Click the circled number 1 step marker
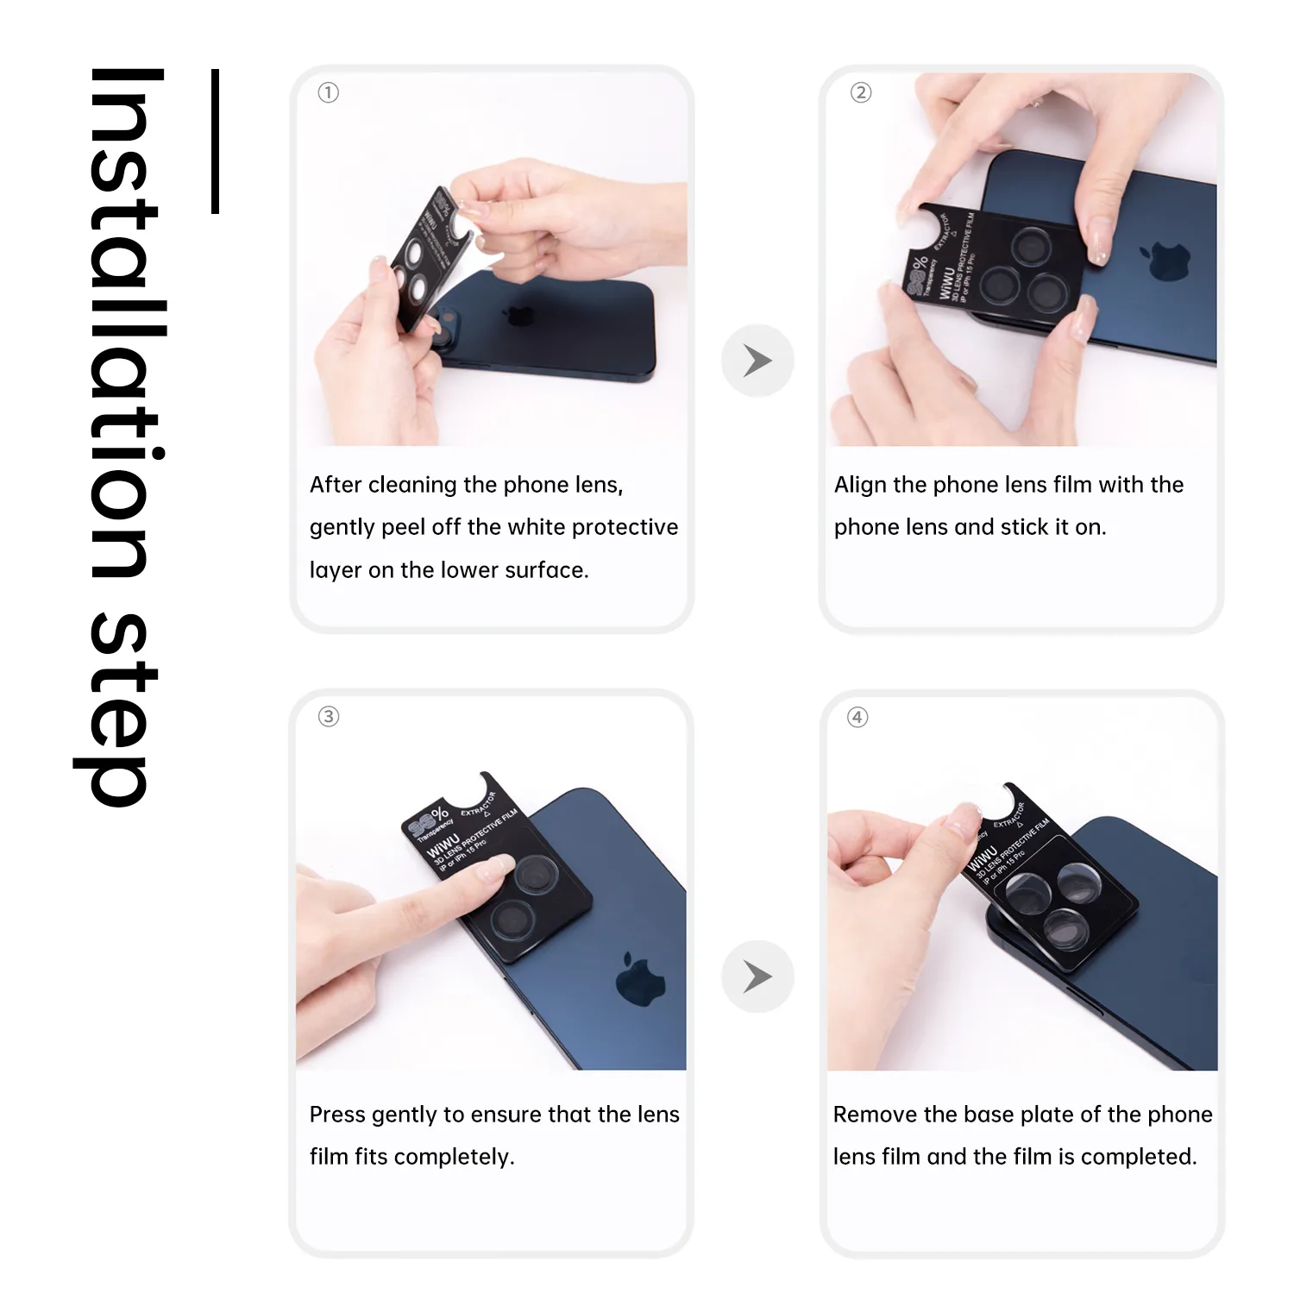[x=329, y=92]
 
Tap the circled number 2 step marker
[x=861, y=92]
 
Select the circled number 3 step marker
[x=329, y=717]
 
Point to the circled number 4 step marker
[x=857, y=718]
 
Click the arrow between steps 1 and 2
[x=757, y=361]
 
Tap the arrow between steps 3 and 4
[x=757, y=977]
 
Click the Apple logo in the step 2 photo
[x=1165, y=260]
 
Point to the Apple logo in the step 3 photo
[x=640, y=980]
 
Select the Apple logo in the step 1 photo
[x=519, y=315]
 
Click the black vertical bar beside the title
[x=216, y=141]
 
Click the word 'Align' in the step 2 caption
[x=860, y=485]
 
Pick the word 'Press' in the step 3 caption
[x=337, y=1115]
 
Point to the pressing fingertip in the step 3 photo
[x=498, y=868]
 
